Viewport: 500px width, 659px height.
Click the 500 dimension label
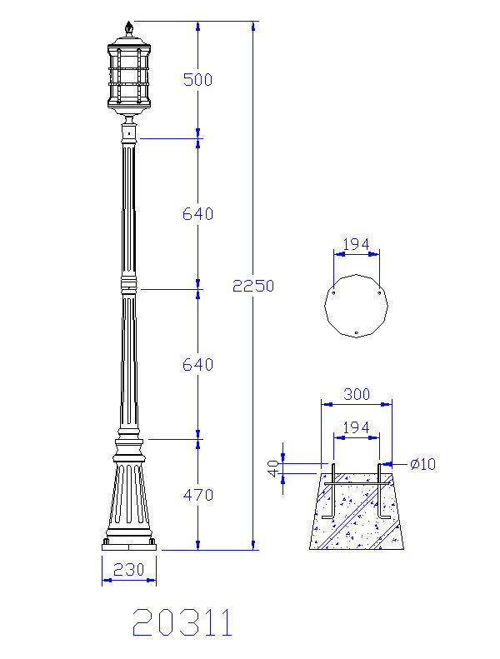coord(197,79)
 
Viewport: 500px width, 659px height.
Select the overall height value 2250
coord(253,286)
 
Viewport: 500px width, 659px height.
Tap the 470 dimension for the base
coord(198,495)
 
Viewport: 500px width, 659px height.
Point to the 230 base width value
coord(128,570)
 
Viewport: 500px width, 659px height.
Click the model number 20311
coord(182,622)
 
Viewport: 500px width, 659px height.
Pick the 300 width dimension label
coord(357,394)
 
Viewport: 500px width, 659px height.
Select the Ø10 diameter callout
coord(423,464)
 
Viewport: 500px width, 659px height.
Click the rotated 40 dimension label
coord(274,468)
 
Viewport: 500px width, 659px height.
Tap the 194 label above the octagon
coord(356,244)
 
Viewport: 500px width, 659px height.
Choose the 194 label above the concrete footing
coord(356,427)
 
